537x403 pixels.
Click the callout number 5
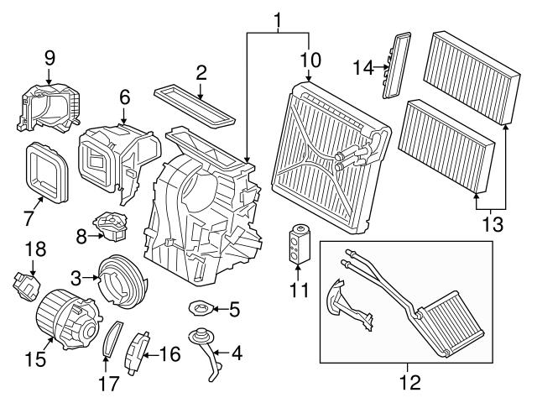click(234, 311)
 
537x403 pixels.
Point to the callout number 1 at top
click(278, 18)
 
